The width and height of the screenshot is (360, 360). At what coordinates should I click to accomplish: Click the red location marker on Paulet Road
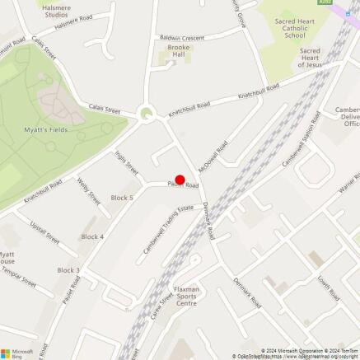click(180, 180)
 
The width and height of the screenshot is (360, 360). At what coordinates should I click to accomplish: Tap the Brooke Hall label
click(173, 53)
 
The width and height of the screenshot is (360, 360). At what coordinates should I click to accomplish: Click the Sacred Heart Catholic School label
click(294, 30)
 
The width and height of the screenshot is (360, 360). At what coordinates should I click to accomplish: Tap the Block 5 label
click(121, 198)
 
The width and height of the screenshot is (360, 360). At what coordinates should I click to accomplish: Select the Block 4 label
click(92, 236)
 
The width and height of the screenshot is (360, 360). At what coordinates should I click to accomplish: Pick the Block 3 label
click(68, 270)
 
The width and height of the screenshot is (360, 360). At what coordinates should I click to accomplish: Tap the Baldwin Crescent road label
click(181, 38)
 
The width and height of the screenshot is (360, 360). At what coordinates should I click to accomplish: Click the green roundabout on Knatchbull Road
click(147, 115)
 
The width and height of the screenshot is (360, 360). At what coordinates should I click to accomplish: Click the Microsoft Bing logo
click(18, 352)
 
